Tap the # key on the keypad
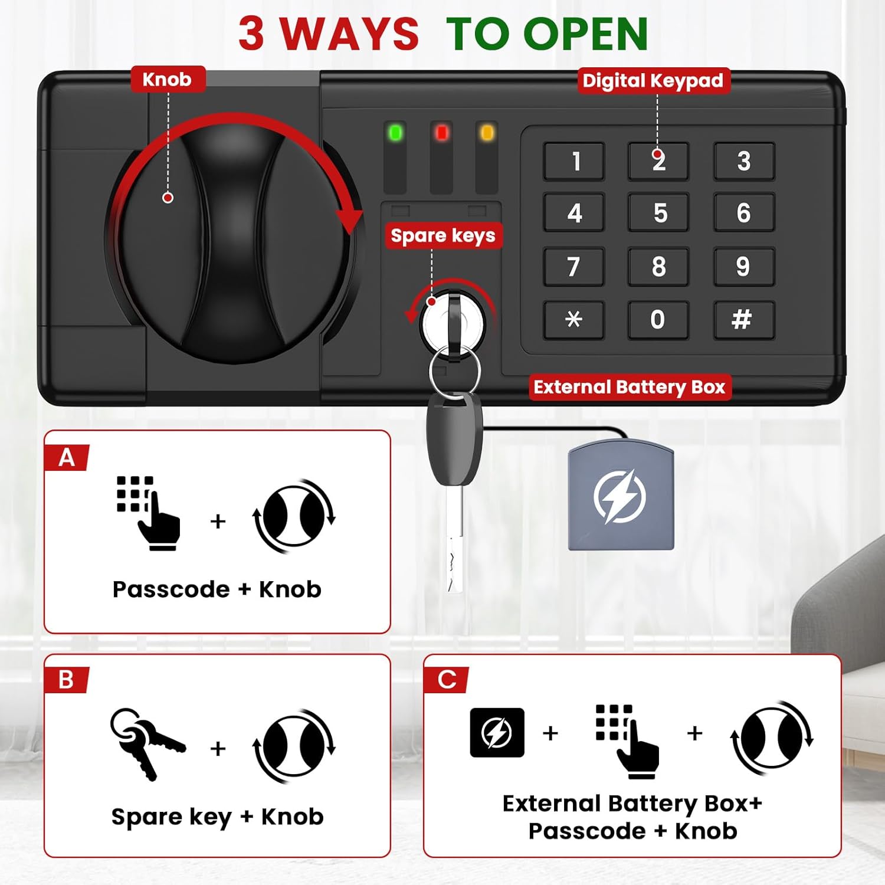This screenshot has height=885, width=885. [743, 320]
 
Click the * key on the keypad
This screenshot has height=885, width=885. [574, 320]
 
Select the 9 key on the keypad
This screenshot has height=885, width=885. [743, 267]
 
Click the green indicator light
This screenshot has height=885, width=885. [395, 133]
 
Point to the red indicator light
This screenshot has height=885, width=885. [441, 133]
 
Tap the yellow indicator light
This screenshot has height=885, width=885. [487, 133]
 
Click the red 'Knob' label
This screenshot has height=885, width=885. [168, 79]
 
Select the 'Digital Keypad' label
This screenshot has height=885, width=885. [653, 80]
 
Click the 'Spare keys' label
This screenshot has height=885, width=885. [443, 236]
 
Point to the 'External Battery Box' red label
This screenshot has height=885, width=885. [630, 387]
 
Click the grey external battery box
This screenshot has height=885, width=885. [621, 497]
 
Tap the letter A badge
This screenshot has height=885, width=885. [67, 457]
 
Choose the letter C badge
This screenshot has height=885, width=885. [447, 679]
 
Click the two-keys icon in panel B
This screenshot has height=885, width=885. [147, 743]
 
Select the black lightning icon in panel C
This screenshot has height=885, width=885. [497, 732]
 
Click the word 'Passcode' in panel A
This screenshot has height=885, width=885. [171, 589]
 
